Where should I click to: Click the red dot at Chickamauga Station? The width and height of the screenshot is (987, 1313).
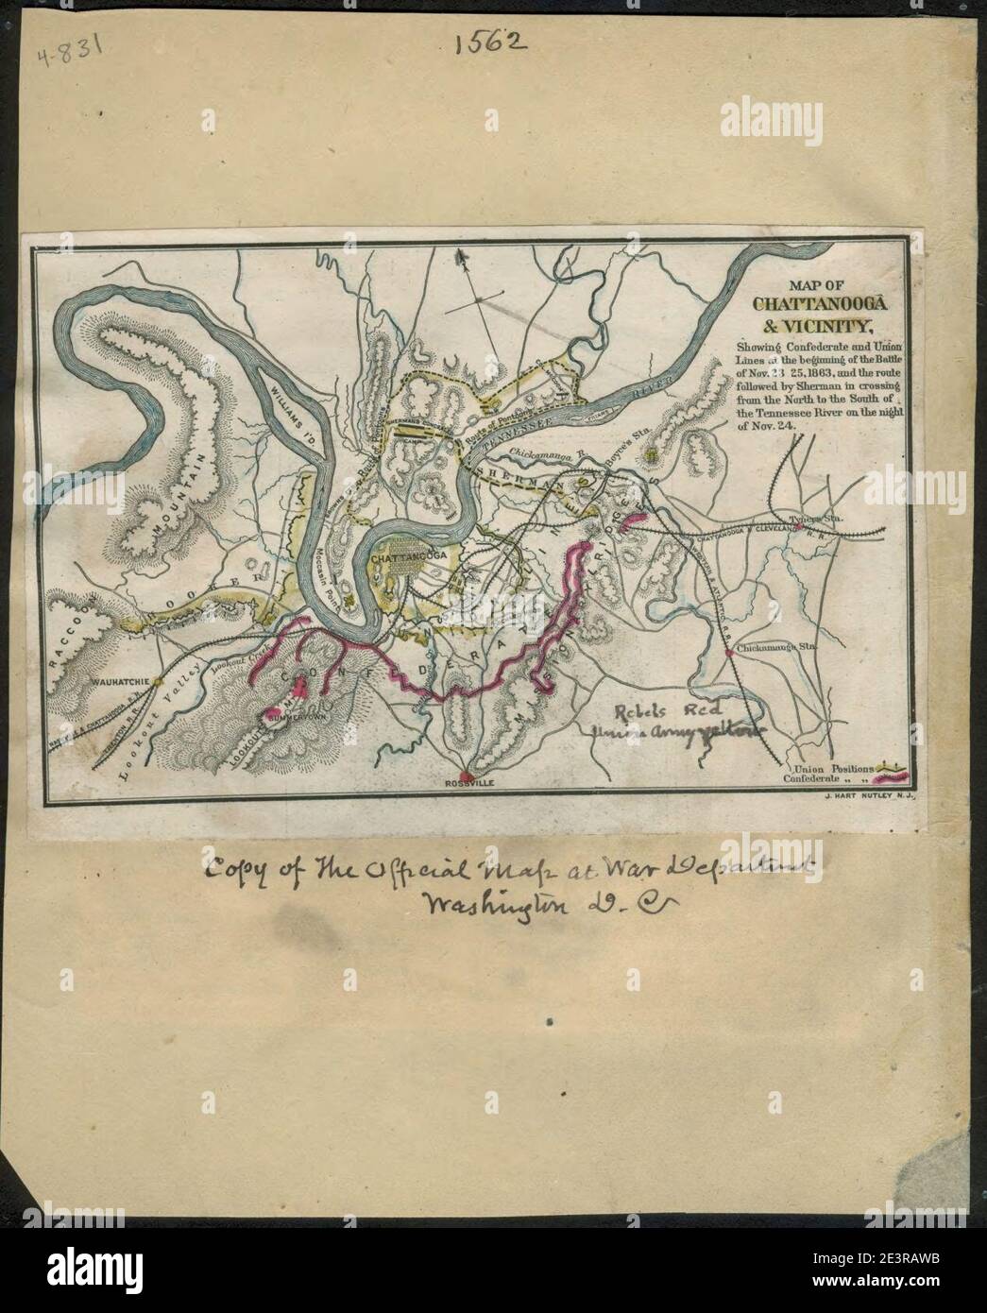(x=726, y=652)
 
